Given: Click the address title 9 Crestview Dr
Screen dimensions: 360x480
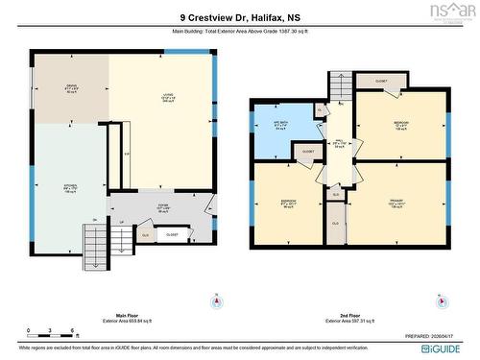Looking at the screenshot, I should (x=239, y=16).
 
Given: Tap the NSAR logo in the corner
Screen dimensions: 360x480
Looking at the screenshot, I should (x=458, y=11).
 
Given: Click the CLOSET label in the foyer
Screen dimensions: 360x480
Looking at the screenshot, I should (x=172, y=233).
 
